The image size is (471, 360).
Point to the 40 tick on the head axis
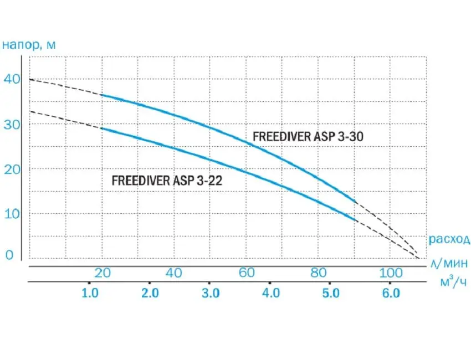[x=13, y=79]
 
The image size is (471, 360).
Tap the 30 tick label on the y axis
[x=13, y=125]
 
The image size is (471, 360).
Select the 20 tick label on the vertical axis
[x=13, y=169]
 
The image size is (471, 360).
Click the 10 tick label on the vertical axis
[x=13, y=214]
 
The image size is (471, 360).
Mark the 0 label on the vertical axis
[x=9, y=255]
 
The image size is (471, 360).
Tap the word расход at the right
[x=449, y=240]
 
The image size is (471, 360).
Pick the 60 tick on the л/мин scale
[x=247, y=272]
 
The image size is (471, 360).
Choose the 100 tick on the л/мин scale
[x=391, y=272]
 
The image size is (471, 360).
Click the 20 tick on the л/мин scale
[x=102, y=272]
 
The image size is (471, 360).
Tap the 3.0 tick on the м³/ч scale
[x=211, y=293]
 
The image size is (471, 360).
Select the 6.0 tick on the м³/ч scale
[x=391, y=293]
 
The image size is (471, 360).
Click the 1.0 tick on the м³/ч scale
[x=90, y=293]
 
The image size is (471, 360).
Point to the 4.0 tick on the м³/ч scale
[x=270, y=293]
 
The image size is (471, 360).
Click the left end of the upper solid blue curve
[x=102, y=95]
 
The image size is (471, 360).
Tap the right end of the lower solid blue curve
[x=355, y=220]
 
